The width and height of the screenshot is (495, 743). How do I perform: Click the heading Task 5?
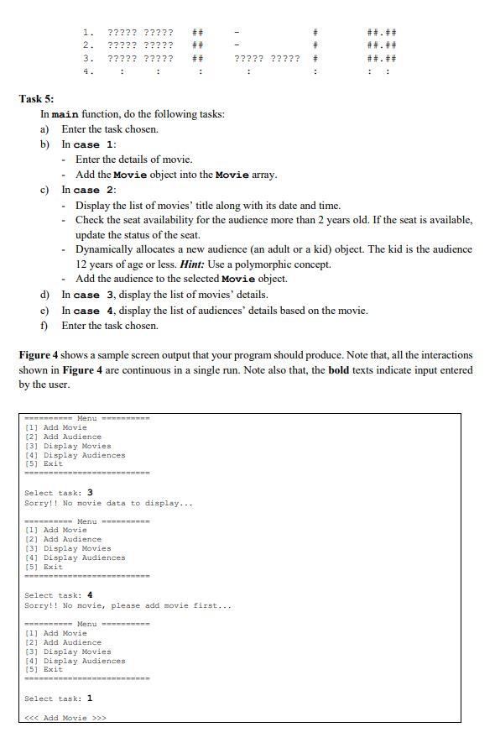pyautogui.click(x=36, y=98)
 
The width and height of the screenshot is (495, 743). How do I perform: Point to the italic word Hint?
pyautogui.click(x=195, y=264)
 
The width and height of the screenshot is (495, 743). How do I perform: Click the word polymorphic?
pyautogui.click(x=276, y=264)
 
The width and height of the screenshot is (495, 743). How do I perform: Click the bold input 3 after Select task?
pyautogui.click(x=90, y=493)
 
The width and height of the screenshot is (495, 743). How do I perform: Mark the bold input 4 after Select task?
pyautogui.click(x=90, y=595)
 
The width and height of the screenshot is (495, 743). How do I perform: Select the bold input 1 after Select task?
pyautogui.click(x=90, y=699)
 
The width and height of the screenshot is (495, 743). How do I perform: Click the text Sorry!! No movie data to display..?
pyautogui.click(x=108, y=503)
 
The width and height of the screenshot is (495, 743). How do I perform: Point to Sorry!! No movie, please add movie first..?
pyautogui.click(x=128, y=605)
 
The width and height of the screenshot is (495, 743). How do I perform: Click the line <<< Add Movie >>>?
pyautogui.click(x=65, y=718)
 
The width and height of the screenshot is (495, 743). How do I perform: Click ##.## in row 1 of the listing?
pyautogui.click(x=382, y=32)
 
